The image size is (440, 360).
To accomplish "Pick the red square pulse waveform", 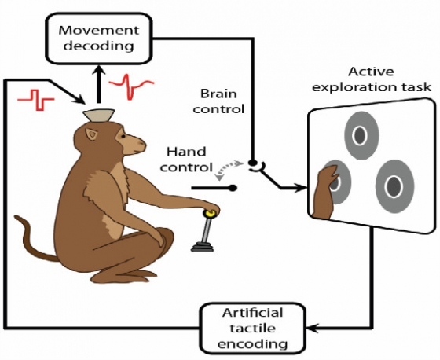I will point(35,98).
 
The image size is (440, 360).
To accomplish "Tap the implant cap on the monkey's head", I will point(99,116).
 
